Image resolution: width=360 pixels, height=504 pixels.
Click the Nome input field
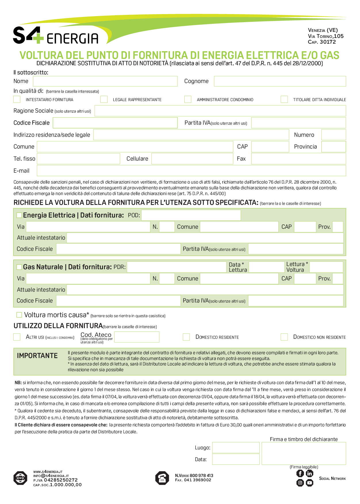coord(105,81)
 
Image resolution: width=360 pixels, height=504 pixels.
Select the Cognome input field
coord(280,81)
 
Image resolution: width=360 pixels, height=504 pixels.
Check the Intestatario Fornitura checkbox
coord(17,99)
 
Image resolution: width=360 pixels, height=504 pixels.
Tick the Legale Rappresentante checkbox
coord(104,99)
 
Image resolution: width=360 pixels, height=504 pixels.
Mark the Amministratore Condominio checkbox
coord(188,99)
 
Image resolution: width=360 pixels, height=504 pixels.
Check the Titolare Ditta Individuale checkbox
coord(284,99)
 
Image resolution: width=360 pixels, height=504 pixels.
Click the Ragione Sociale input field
coord(220,111)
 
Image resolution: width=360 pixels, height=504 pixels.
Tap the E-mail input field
coord(191,171)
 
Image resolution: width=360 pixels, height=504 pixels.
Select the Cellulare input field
coord(192,159)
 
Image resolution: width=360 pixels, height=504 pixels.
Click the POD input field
coord(191,215)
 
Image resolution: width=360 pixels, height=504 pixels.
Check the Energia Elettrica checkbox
coord(19,215)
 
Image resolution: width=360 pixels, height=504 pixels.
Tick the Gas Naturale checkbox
coord(19,267)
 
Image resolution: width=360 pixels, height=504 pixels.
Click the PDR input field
coord(177,267)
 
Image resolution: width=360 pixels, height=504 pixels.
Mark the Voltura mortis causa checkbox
coord(19,315)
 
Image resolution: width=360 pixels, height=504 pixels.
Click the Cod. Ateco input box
coord(137,337)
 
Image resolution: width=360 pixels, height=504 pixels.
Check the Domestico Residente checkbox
coord(186,337)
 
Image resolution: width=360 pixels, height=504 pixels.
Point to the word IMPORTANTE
coord(37,356)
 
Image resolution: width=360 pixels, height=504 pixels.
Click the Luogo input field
coord(236,448)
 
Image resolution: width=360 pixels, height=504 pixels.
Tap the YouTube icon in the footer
coord(309,483)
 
